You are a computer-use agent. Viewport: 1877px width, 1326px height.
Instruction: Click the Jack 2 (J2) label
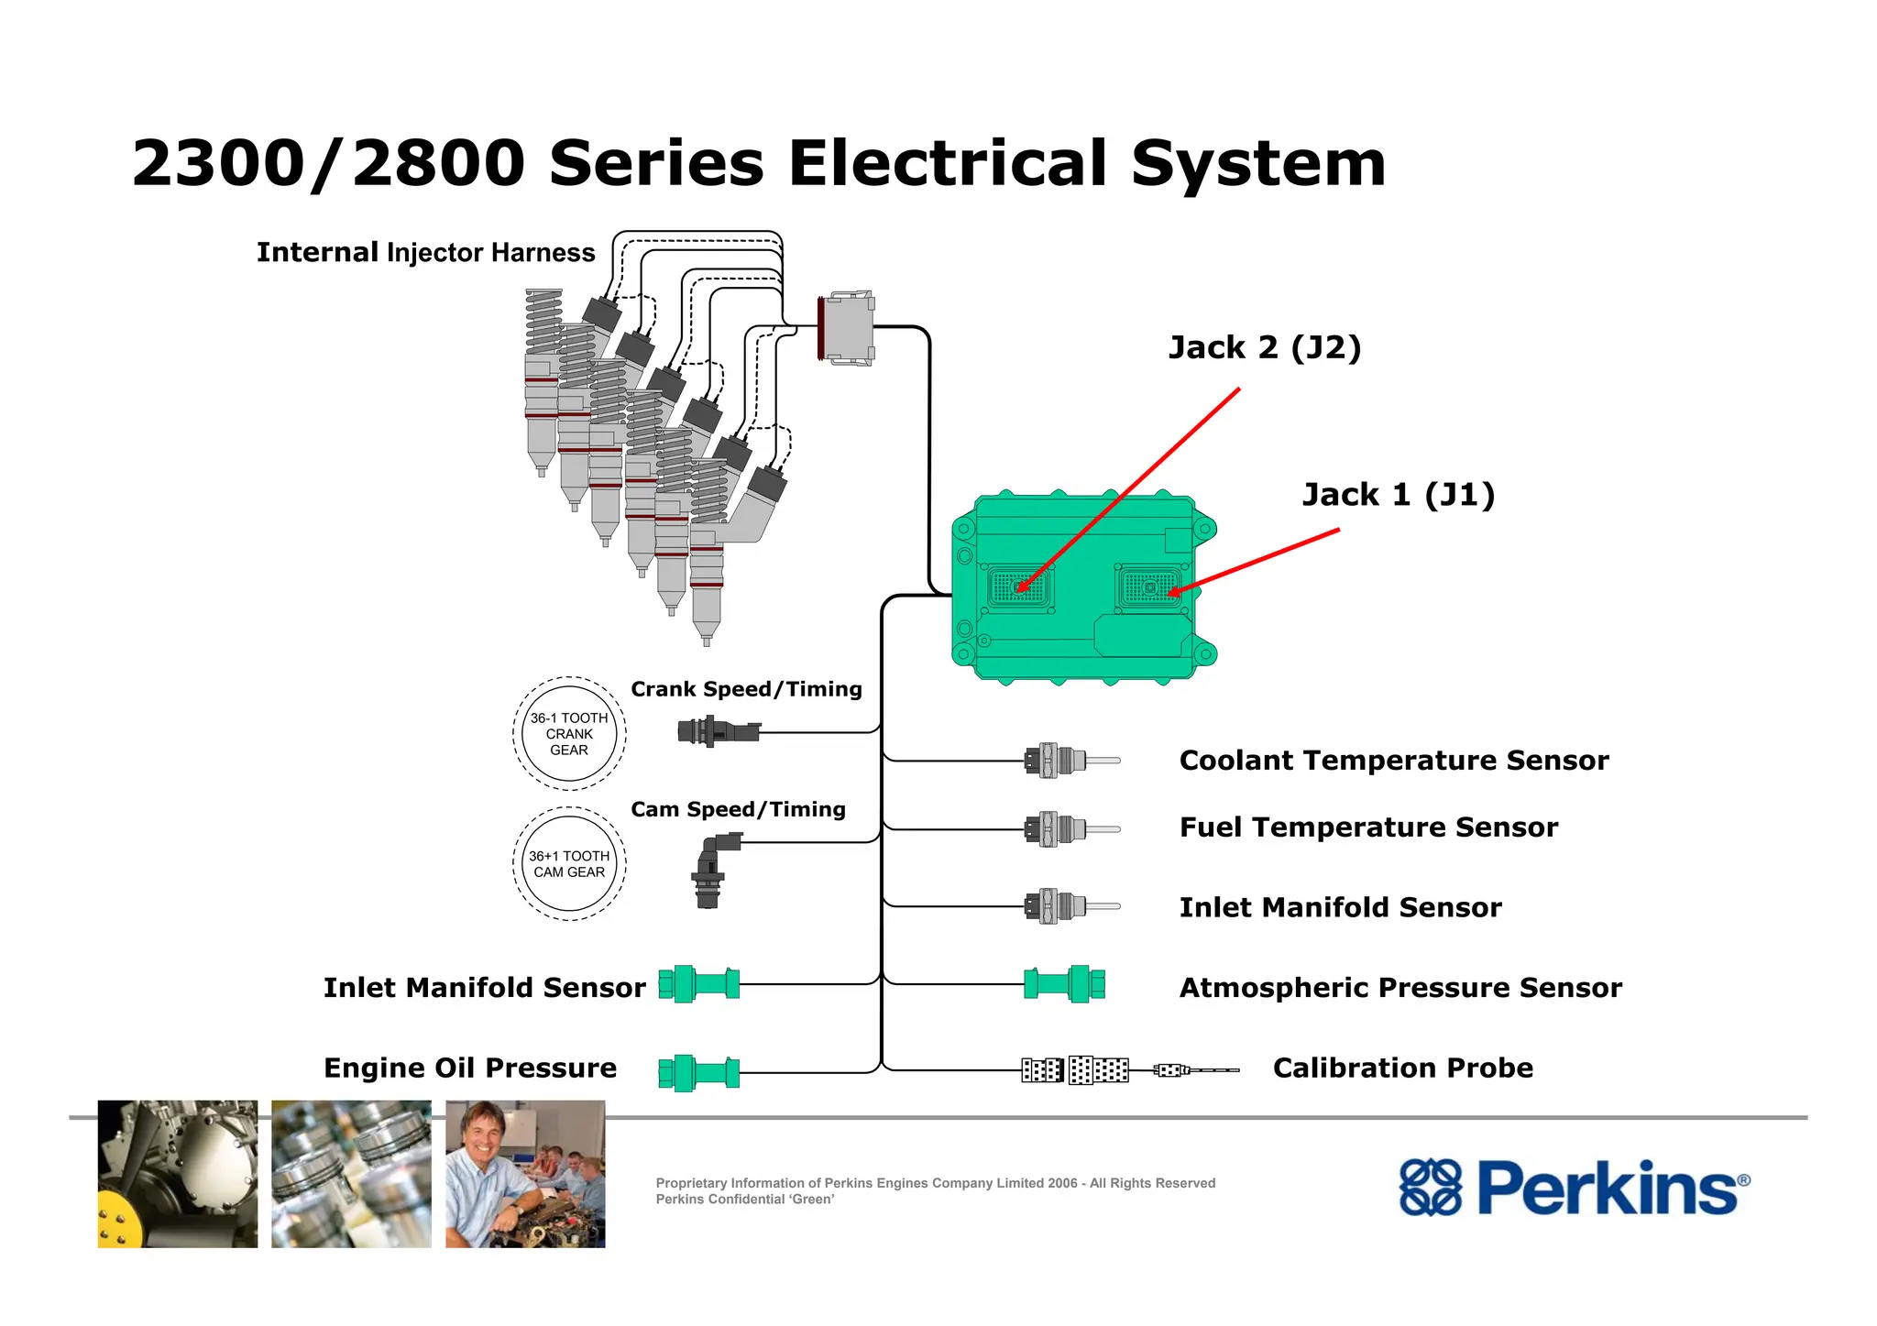(1265, 348)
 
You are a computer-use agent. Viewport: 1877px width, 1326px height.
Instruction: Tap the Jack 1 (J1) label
(1399, 495)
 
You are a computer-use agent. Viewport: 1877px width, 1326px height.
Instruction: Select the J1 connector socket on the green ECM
(1149, 588)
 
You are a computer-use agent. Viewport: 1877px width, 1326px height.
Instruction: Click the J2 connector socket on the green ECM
(1019, 588)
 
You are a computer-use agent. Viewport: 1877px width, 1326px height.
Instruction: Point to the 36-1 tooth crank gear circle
(569, 734)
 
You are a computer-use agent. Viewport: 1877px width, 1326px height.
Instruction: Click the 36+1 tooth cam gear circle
(569, 864)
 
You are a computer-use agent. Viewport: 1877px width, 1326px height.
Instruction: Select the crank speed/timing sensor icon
(719, 731)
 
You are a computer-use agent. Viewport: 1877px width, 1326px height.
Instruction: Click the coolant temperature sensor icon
(1068, 761)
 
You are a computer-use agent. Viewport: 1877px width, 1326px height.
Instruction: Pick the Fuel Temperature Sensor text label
(1368, 827)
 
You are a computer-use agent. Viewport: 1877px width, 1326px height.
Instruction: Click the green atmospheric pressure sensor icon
(1064, 984)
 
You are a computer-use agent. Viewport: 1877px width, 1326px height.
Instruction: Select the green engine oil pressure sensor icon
(698, 1072)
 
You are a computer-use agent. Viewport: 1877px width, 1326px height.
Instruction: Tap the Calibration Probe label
(1402, 1068)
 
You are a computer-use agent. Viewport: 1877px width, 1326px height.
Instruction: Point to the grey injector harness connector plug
(846, 328)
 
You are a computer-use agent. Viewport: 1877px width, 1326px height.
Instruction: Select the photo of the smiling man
(525, 1174)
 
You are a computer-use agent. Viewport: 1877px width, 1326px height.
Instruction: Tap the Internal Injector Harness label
(425, 253)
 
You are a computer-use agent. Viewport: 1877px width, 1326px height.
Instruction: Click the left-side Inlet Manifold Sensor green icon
(698, 984)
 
